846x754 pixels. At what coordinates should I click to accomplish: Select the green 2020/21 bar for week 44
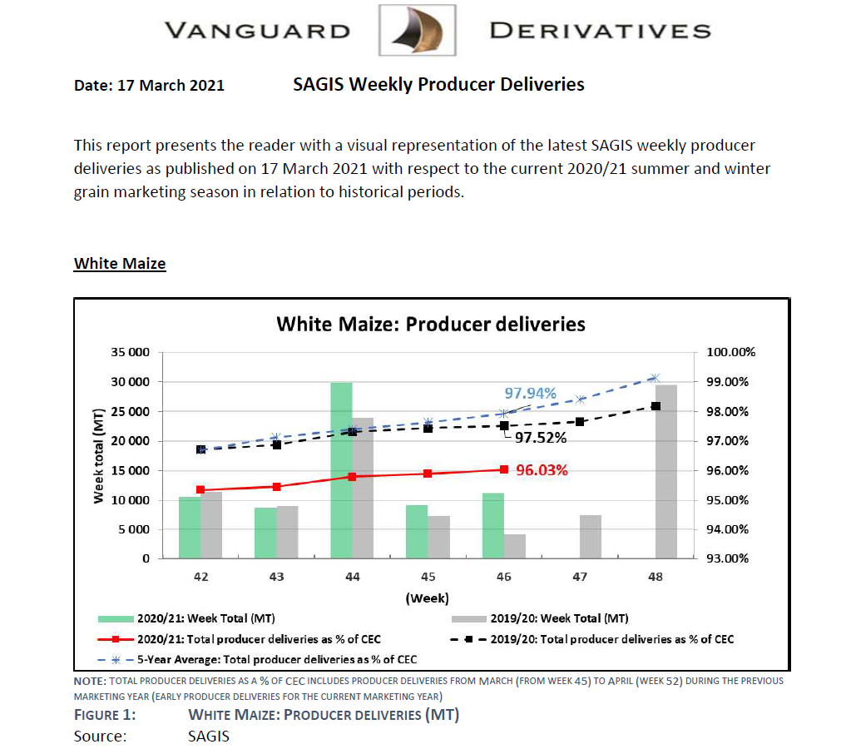[341, 470]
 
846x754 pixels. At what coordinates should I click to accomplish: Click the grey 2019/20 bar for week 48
[666, 471]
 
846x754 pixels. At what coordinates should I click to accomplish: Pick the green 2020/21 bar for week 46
[493, 525]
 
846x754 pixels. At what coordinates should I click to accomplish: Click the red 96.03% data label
[542, 470]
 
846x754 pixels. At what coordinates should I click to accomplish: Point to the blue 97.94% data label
[530, 394]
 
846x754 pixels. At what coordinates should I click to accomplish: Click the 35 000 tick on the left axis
[130, 352]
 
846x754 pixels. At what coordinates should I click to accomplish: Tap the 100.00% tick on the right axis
[730, 352]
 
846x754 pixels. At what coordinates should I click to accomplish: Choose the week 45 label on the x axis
[428, 577]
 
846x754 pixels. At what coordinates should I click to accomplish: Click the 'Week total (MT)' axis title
[98, 455]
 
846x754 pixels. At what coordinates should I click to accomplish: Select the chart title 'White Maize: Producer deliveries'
[430, 324]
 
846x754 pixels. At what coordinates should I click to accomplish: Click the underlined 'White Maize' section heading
[120, 264]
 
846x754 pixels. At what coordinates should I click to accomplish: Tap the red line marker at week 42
[200, 490]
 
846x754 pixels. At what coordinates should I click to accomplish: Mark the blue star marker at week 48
[655, 378]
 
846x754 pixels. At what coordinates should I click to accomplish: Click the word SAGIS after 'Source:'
[209, 736]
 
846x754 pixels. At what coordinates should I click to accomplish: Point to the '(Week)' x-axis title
[427, 598]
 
